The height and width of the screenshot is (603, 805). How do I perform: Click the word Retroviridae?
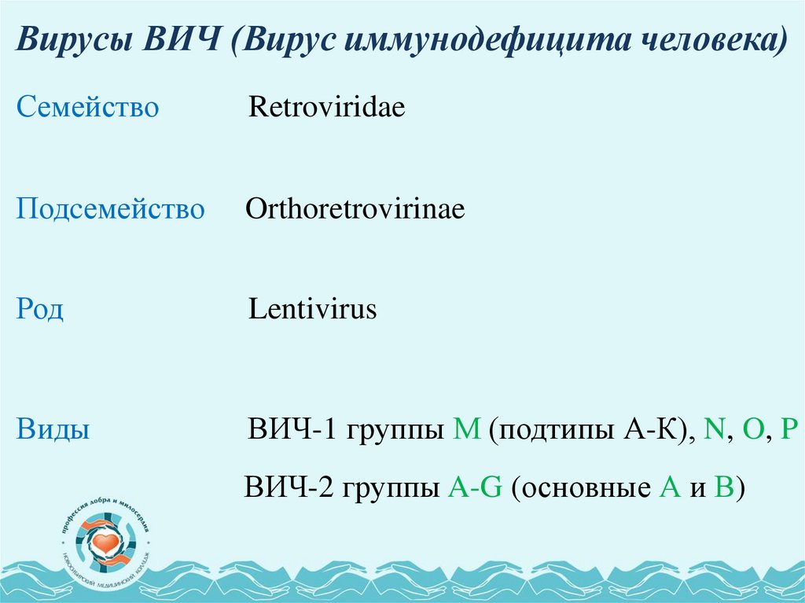(x=326, y=108)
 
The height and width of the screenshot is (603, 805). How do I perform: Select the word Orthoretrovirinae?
(x=355, y=210)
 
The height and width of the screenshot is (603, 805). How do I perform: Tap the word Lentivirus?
(x=313, y=309)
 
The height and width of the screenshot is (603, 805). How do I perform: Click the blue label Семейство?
(x=87, y=108)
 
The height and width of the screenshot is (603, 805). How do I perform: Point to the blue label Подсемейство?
(x=110, y=210)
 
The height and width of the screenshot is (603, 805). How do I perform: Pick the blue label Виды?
(x=52, y=431)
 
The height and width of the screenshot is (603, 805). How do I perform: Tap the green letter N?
(x=714, y=431)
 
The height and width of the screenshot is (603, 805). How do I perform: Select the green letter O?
(x=752, y=431)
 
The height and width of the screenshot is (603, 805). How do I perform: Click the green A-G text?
(x=474, y=488)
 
